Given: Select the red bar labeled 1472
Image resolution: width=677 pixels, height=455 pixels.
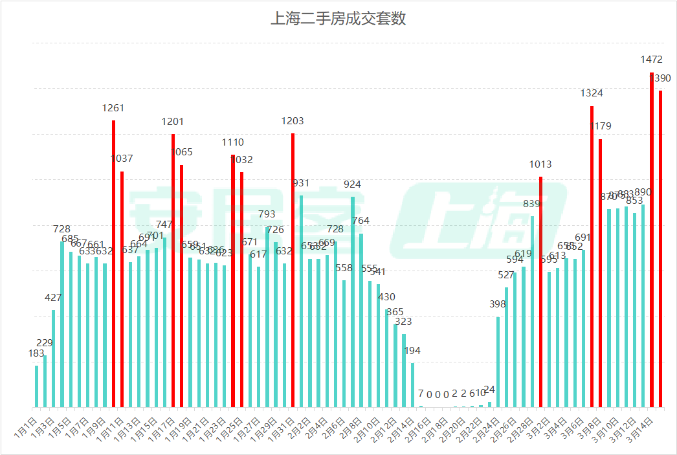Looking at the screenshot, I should click(652, 239).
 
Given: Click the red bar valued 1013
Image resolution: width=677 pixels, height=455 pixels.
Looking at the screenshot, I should click(540, 292).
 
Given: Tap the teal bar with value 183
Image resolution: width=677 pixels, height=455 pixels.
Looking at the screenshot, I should click(36, 386).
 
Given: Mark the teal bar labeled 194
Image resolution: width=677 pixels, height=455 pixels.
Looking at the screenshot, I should click(412, 385).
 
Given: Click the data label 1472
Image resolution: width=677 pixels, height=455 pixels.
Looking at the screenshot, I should click(652, 60).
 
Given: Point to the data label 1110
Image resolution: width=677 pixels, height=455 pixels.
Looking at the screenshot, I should click(233, 142).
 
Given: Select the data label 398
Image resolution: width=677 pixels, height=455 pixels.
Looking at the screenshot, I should click(498, 304).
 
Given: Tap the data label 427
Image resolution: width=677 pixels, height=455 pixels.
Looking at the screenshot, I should click(53, 298).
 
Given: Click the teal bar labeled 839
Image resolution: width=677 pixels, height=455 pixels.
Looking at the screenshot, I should click(532, 311).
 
